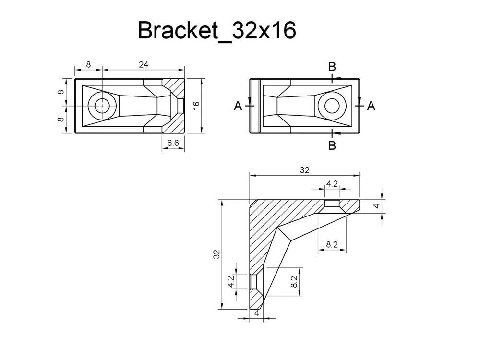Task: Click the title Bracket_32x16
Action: click(216, 31)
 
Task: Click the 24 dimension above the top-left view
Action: click(143, 64)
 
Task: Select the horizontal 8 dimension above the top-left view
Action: click(88, 64)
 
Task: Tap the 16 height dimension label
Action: click(196, 106)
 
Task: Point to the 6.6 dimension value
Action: click(173, 143)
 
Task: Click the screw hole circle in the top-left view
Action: click(102, 106)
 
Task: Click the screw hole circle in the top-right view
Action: click(332, 105)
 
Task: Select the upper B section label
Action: click(332, 67)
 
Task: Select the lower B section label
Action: click(332, 145)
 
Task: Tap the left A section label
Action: click(238, 106)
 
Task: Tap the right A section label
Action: click(371, 106)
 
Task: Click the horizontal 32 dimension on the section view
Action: click(304, 170)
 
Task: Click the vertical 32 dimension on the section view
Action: click(217, 254)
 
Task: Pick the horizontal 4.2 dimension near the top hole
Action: click(332, 183)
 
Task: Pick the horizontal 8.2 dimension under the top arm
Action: click(332, 244)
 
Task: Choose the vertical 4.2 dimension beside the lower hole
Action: click(231, 281)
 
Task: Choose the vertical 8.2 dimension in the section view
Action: click(294, 281)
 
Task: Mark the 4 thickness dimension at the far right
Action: click(377, 205)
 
